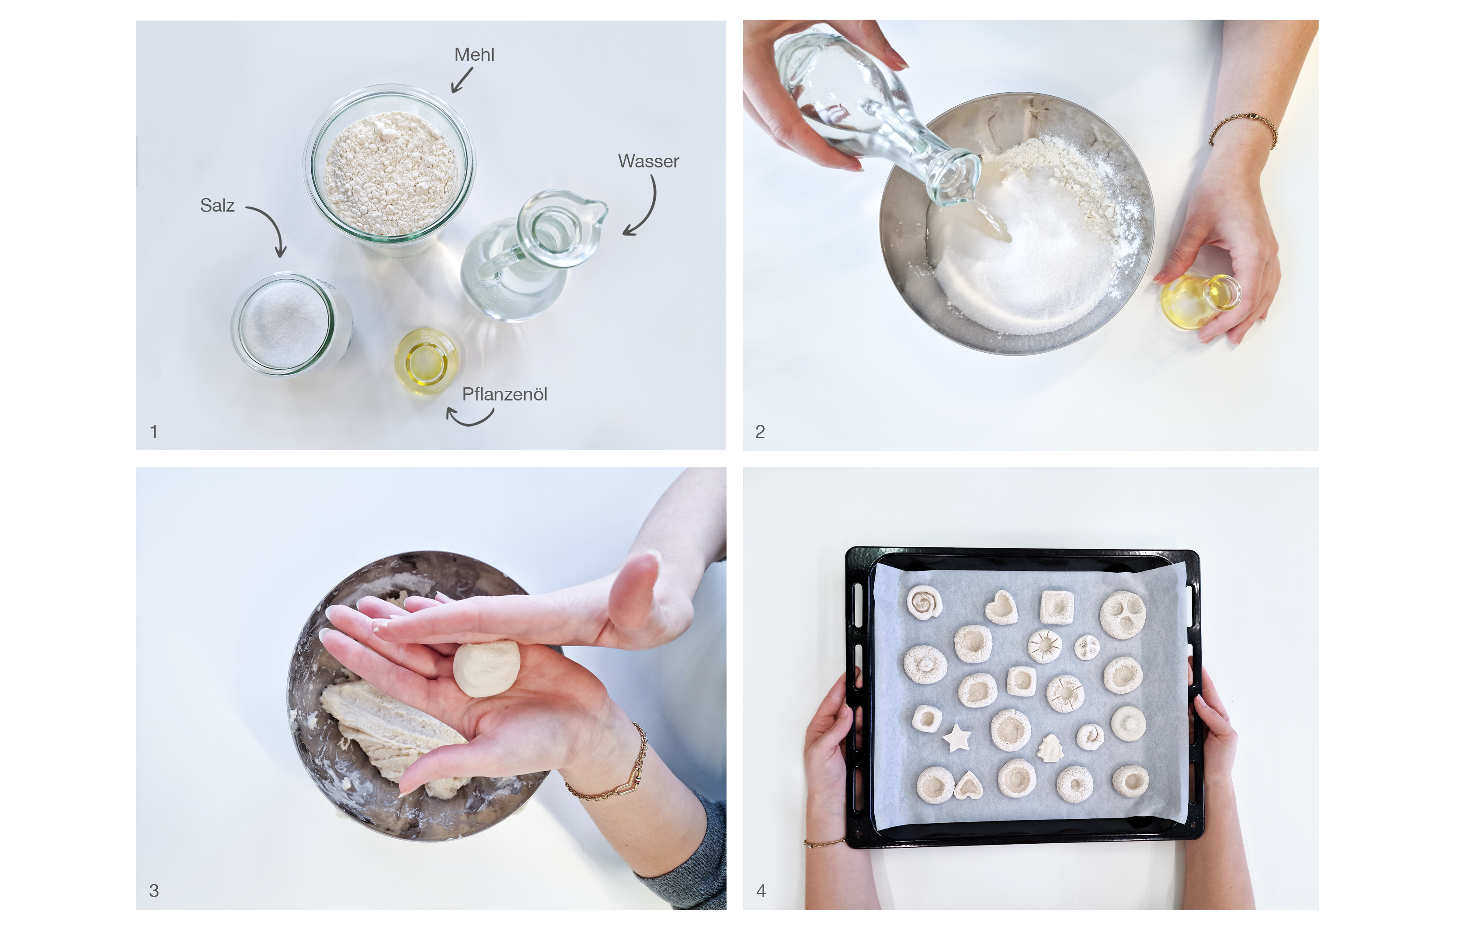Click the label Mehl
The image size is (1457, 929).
point(474,55)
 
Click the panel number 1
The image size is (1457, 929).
point(154,431)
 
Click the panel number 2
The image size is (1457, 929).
point(760,431)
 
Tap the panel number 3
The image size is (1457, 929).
point(154,890)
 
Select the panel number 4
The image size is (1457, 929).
point(761,890)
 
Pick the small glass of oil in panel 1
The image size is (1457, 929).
point(426,361)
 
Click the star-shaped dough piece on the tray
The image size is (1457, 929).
point(956,738)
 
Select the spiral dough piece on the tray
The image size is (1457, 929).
point(924,602)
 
